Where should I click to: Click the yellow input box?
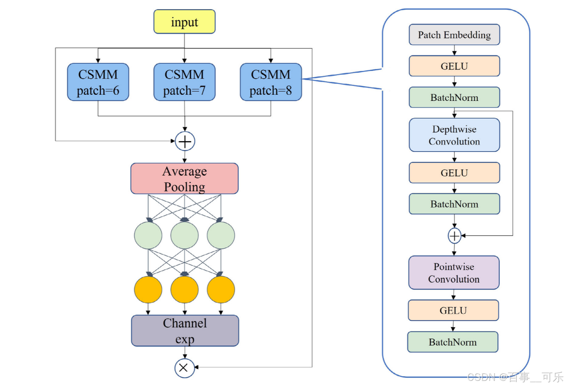(184, 22)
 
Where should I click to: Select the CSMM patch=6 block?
(98, 82)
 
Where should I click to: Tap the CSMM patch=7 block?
(184, 82)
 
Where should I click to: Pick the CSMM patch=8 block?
(270, 82)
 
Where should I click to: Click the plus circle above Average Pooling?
(185, 142)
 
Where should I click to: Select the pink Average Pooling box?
(184, 179)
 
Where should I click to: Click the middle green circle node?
(184, 235)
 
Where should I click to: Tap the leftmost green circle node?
(148, 235)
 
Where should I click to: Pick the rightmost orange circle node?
(221, 290)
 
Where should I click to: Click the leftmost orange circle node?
(148, 290)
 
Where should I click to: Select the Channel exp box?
(185, 331)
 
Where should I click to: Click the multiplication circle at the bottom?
(184, 368)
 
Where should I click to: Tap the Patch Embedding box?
(454, 35)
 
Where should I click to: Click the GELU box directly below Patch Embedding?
(454, 66)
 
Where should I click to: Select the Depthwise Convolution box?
(454, 135)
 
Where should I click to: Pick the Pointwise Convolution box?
(454, 273)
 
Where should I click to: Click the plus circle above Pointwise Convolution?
(455, 236)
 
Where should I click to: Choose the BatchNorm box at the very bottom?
(453, 342)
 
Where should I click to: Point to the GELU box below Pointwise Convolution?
(453, 310)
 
